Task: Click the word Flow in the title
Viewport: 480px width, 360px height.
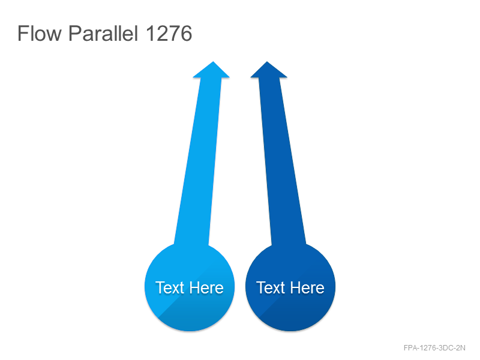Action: pos(40,33)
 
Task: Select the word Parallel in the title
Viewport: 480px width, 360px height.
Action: pos(103,33)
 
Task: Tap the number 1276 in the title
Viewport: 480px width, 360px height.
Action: pos(169,34)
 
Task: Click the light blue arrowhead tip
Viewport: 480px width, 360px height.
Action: pos(213,62)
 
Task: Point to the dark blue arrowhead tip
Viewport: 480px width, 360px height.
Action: pos(267,62)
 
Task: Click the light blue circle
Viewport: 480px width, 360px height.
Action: pos(190,287)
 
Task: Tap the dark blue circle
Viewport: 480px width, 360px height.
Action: pos(290,287)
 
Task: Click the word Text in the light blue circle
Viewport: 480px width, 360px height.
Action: pos(170,288)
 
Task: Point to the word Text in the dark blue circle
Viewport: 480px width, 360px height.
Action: pos(271,288)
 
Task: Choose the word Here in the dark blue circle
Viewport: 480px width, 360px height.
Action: pos(307,288)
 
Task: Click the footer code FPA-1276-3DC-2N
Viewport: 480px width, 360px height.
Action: pos(434,348)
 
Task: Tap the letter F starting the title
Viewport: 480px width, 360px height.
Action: pos(22,34)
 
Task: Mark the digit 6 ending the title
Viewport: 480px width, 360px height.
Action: pos(186,34)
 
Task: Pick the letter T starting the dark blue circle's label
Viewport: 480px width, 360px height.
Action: pos(261,288)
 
